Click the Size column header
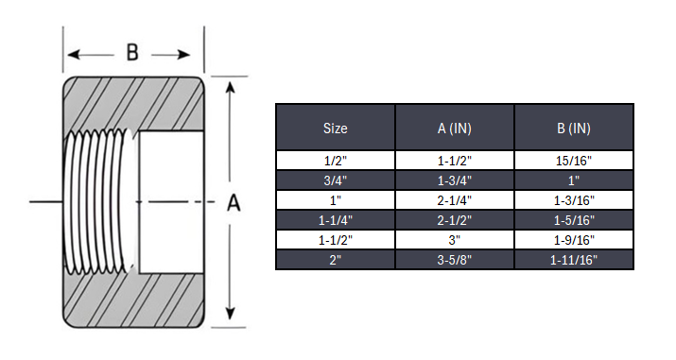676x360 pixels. click(x=335, y=128)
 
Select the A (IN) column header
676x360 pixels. click(x=454, y=128)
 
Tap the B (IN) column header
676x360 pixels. click(x=573, y=128)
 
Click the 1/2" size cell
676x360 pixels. click(x=335, y=161)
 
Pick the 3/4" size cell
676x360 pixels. click(x=335, y=180)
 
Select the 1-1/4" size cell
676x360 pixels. click(x=335, y=220)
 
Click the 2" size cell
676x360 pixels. click(x=335, y=260)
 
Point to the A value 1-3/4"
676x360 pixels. click(x=454, y=180)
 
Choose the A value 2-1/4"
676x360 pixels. click(x=454, y=200)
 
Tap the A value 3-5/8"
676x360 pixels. click(x=454, y=260)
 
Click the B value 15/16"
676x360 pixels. click(x=573, y=161)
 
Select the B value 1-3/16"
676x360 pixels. click(x=573, y=200)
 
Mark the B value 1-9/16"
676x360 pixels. click(x=573, y=240)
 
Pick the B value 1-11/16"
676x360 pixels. click(x=573, y=260)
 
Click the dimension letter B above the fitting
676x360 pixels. click(x=132, y=53)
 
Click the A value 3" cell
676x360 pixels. click(x=454, y=240)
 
